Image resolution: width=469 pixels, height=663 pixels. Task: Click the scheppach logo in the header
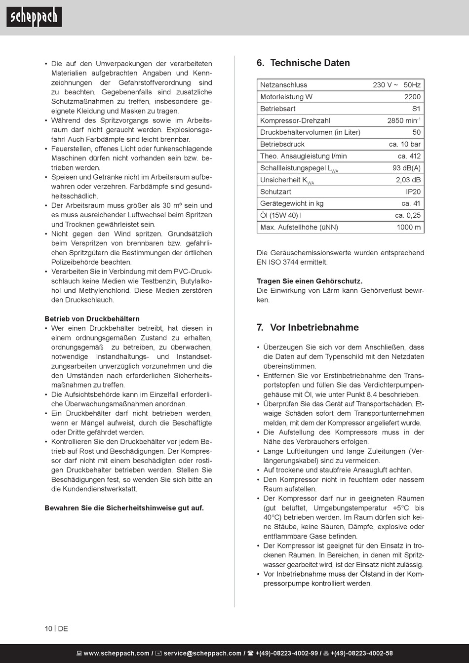(34, 17)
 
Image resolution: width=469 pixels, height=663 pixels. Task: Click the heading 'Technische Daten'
(310, 63)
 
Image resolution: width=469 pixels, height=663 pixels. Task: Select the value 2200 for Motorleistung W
(412, 97)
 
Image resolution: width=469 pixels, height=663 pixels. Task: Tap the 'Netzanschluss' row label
(283, 85)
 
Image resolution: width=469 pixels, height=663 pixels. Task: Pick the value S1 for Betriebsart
(416, 109)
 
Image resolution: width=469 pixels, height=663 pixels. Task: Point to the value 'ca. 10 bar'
(405, 144)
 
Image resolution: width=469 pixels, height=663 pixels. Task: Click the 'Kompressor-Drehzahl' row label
(295, 120)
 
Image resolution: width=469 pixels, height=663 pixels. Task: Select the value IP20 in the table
(413, 192)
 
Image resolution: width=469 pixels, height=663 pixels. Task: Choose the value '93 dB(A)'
(406, 168)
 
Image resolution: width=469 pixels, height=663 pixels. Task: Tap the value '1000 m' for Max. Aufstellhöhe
(408, 227)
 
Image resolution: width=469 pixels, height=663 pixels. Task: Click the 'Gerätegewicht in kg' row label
(292, 203)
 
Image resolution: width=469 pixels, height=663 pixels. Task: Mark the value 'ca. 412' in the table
(409, 156)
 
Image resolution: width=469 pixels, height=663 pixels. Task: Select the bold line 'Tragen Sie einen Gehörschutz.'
(310, 281)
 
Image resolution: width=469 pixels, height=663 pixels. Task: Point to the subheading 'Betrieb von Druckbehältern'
(92, 319)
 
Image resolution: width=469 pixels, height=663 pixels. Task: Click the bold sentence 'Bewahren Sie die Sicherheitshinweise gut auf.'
(124, 508)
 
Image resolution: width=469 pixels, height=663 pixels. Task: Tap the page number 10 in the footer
(48, 628)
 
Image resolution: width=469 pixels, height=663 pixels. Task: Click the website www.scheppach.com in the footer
(116, 653)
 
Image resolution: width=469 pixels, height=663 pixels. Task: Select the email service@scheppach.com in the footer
(202, 653)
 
